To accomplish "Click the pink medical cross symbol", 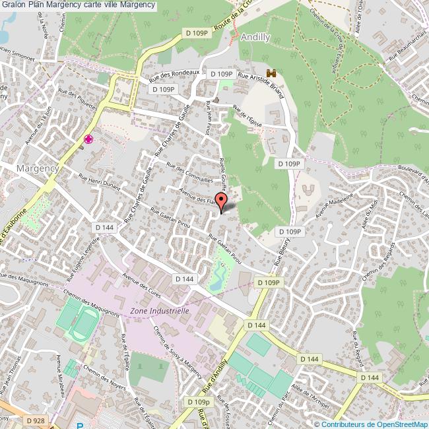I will click(88, 139).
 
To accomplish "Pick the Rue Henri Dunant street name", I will click(99, 181).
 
